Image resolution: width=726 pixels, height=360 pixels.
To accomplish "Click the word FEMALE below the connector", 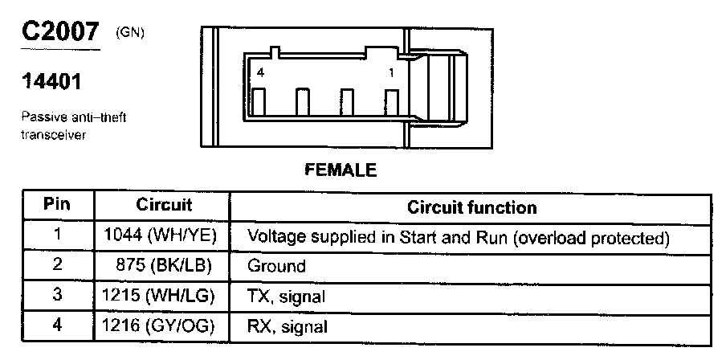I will [x=341, y=170].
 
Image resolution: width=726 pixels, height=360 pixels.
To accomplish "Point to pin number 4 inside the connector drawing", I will [x=260, y=73].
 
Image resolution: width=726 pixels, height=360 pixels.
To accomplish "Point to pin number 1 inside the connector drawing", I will [x=391, y=73].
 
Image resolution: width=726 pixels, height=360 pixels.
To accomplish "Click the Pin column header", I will [x=56, y=206].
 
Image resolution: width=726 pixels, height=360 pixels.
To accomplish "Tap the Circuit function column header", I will [x=471, y=207].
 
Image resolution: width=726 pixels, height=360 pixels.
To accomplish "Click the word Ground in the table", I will [x=275, y=266].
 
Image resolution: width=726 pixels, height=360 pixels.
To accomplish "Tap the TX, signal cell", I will [x=286, y=297].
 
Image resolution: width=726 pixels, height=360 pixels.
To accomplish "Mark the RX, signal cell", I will [x=287, y=326].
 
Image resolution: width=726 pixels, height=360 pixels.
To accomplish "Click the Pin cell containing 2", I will [x=57, y=266].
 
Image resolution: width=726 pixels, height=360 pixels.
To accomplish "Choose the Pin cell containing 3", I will [x=57, y=296].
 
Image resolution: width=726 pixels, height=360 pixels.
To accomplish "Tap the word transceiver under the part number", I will [x=54, y=134].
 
